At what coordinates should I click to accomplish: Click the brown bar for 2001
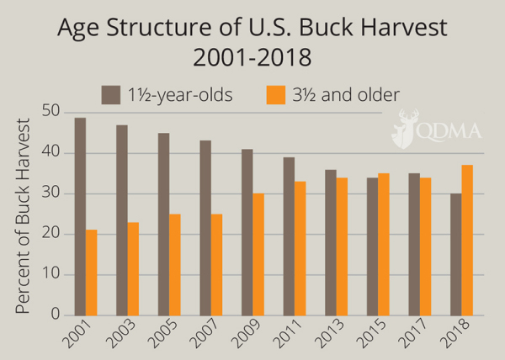80,216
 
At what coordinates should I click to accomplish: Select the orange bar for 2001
92,273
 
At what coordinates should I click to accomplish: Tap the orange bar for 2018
467,241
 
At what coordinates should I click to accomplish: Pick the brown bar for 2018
456,255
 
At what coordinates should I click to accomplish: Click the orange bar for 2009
258,255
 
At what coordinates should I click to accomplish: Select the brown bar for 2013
331,242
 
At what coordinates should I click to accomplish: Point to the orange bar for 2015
384,245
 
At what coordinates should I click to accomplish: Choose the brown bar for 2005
163,225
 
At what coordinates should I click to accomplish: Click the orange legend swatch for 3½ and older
276,95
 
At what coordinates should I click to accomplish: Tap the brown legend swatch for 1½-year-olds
111,95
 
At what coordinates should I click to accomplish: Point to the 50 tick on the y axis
50,112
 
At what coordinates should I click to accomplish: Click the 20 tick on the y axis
50,233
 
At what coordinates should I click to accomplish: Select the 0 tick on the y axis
56,314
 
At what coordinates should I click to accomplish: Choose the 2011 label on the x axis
287,335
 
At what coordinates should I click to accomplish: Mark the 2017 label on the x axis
412,335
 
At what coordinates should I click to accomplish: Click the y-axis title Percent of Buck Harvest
23,216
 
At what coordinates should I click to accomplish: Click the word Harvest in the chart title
404,28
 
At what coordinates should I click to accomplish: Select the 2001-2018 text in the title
252,57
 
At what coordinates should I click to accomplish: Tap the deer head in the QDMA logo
405,128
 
